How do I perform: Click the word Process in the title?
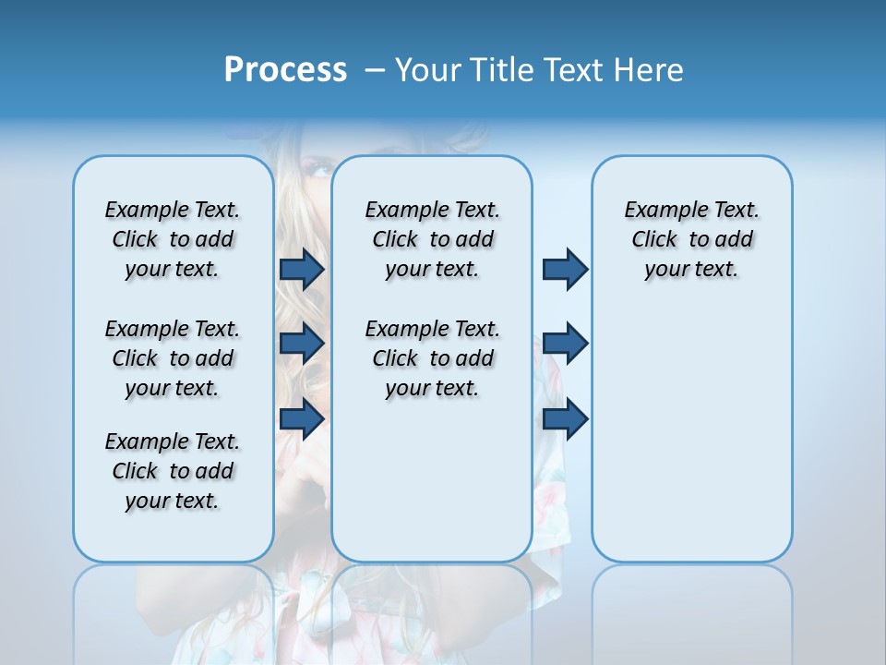point(285,69)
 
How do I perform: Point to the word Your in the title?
point(428,69)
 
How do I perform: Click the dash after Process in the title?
point(374,70)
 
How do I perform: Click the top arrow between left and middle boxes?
point(302,269)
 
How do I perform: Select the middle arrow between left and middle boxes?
point(302,344)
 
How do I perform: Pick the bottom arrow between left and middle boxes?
point(302,418)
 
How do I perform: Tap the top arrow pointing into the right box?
point(565,269)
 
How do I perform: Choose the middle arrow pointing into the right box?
point(565,344)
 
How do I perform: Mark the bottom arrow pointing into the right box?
point(565,418)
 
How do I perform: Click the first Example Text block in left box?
point(173,239)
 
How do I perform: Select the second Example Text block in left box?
point(173,358)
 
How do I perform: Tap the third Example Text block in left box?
point(173,471)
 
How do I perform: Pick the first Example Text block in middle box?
point(432,239)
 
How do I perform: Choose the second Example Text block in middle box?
point(432,358)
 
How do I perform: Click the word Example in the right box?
point(661,211)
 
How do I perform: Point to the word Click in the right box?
point(654,240)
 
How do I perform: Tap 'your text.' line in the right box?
point(691,270)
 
